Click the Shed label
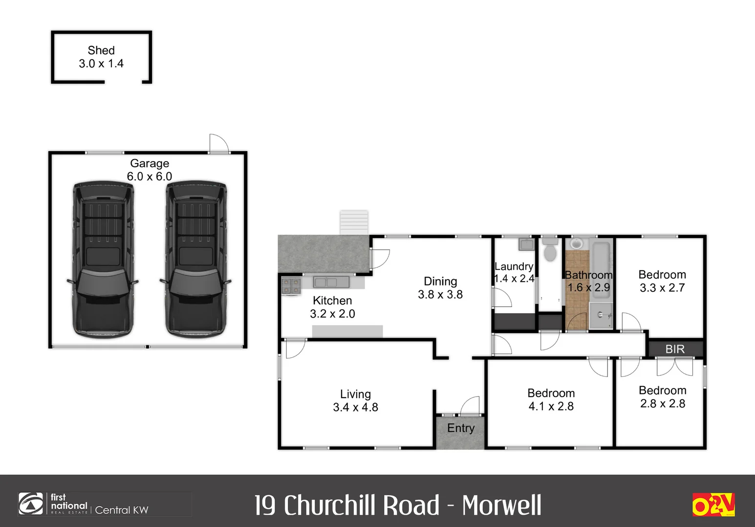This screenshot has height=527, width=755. [x=101, y=50]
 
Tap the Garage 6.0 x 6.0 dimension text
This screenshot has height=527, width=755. [x=150, y=177]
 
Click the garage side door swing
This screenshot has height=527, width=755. [x=219, y=143]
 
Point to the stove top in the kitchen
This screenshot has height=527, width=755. [x=291, y=285]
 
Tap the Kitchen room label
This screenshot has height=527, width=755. [x=332, y=301]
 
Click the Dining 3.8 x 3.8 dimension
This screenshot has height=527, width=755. [x=440, y=295]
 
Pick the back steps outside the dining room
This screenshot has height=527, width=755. [x=354, y=223]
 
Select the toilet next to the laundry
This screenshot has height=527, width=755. [x=550, y=249]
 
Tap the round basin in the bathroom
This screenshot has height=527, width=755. [x=577, y=243]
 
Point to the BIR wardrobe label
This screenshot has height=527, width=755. [x=675, y=349]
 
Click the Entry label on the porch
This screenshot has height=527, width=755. [x=461, y=428]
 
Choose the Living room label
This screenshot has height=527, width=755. [x=355, y=394]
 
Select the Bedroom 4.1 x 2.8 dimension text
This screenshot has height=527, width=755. [x=551, y=406]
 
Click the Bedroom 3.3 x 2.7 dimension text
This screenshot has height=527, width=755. [x=662, y=288]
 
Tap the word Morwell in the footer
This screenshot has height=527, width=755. [x=501, y=506]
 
